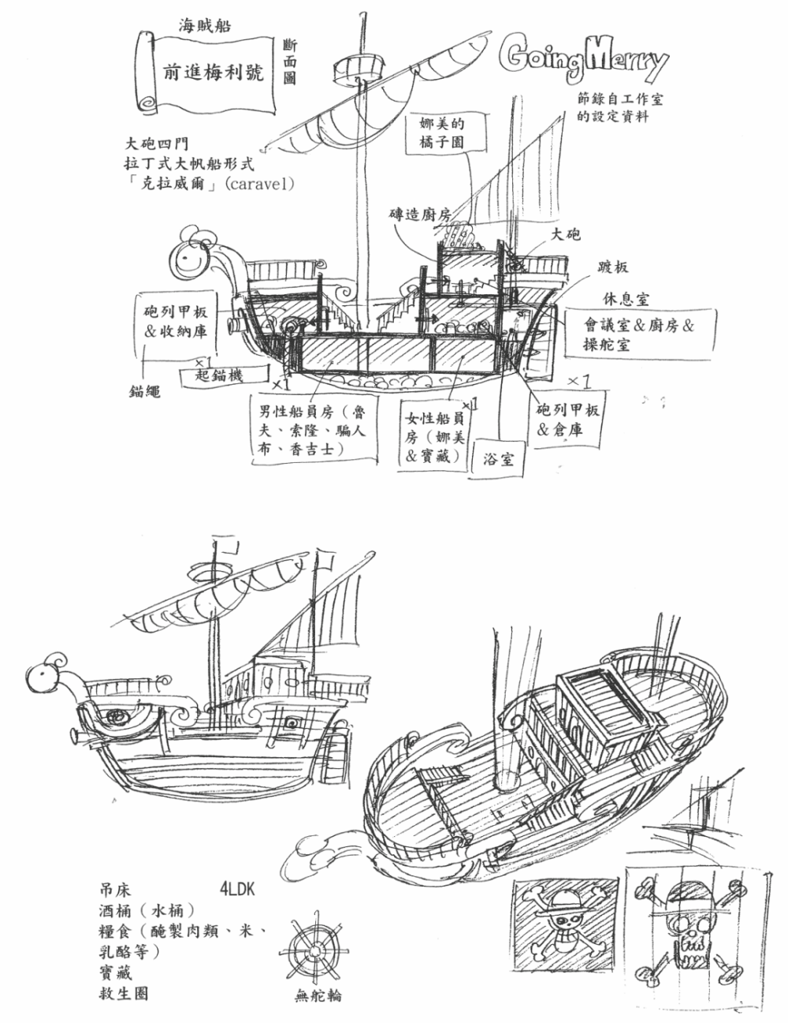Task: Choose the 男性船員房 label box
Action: pyautogui.click(x=314, y=431)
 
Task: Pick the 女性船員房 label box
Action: pyautogui.click(x=434, y=436)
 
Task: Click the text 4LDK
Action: pyautogui.click(x=237, y=889)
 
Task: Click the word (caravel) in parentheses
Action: pyautogui.click(x=260, y=184)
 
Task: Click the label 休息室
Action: pyautogui.click(x=626, y=299)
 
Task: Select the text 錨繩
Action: pyautogui.click(x=145, y=391)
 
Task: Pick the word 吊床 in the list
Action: pyautogui.click(x=115, y=890)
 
